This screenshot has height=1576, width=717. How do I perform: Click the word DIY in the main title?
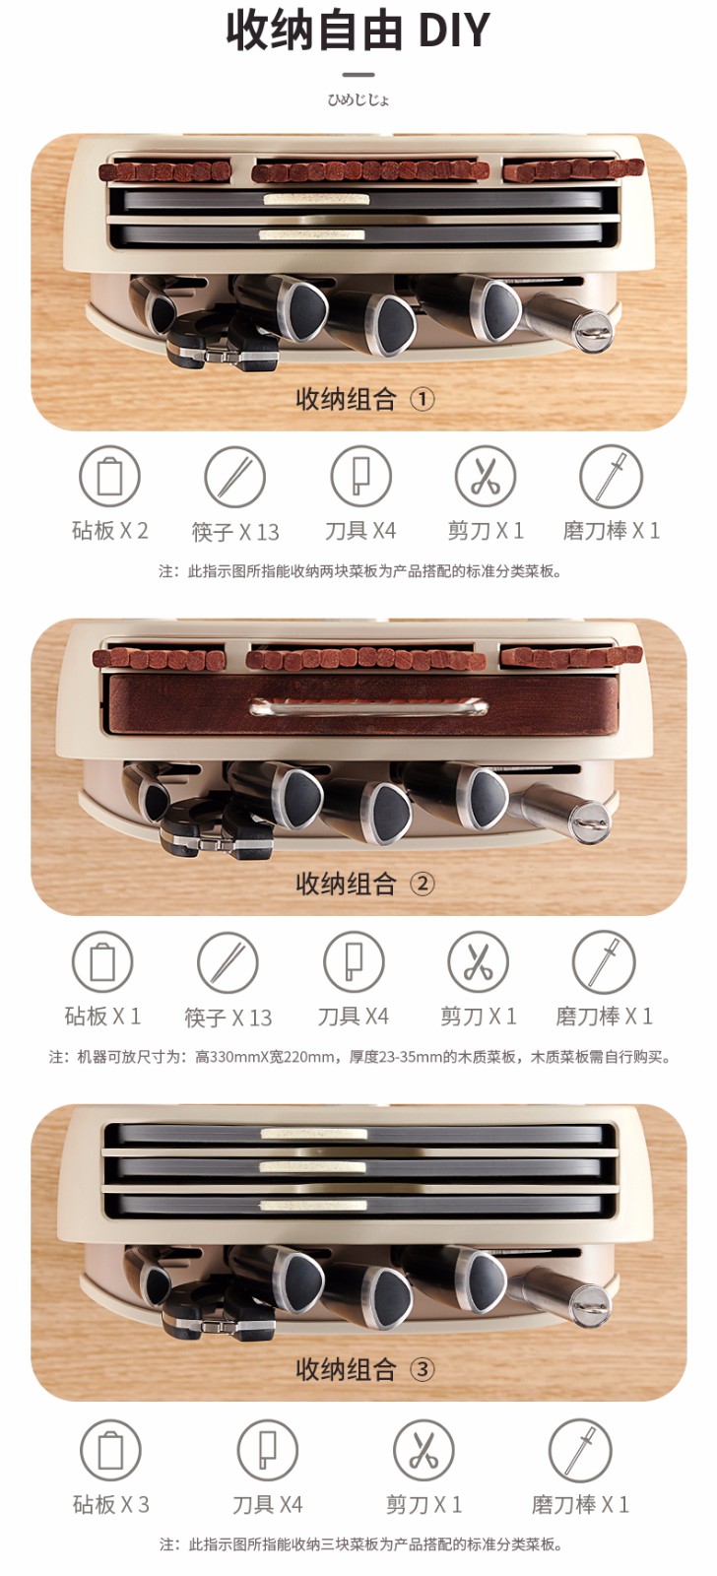[454, 31]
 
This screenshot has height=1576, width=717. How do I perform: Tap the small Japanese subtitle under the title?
[358, 99]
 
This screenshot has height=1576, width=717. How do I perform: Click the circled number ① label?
[423, 400]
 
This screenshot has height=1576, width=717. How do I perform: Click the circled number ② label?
[423, 884]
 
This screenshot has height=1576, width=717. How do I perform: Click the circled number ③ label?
[423, 1369]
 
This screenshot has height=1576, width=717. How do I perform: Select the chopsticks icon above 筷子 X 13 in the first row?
[235, 477]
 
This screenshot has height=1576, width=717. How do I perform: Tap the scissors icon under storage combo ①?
[485, 477]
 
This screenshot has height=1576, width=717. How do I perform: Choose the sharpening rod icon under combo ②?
[604, 961]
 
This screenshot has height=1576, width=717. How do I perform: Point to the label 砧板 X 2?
[109, 531]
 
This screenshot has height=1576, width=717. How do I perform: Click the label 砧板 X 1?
[102, 1016]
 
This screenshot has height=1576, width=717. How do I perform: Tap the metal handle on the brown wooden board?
[368, 706]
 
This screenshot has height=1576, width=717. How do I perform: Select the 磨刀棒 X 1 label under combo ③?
[580, 1504]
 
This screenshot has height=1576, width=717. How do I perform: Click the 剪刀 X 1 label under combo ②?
[479, 1016]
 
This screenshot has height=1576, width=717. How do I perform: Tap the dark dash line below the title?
[358, 74]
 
